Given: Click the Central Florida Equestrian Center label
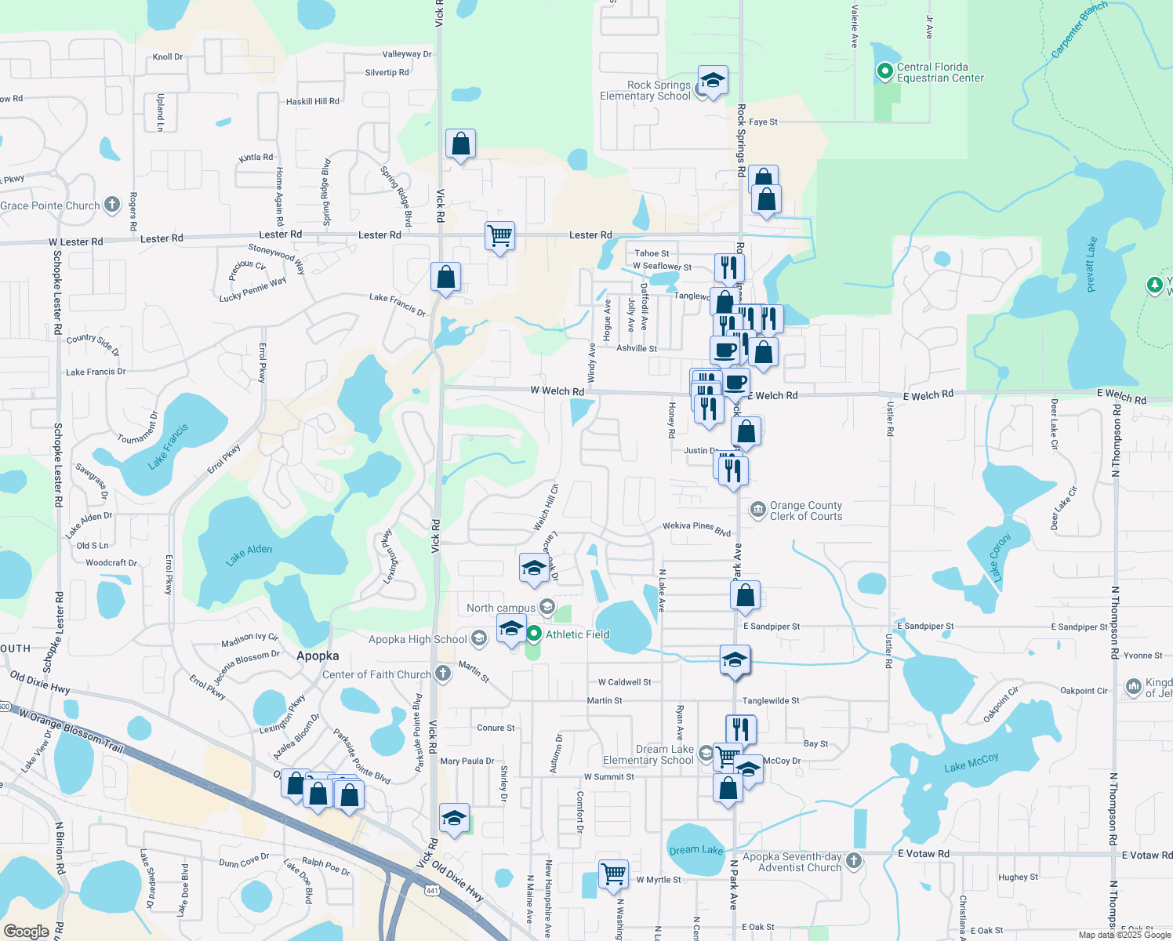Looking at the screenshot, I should (x=939, y=73).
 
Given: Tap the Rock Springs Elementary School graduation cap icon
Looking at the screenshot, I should (x=712, y=82).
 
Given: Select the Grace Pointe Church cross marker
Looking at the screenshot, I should (x=112, y=205).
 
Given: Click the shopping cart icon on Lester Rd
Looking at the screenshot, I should (x=499, y=236).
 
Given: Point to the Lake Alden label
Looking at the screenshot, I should (x=249, y=554).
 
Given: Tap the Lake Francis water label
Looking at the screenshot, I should (x=169, y=447).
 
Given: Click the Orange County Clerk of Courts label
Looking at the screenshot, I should (x=805, y=511).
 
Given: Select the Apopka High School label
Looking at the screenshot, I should (x=418, y=639).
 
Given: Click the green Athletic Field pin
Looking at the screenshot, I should (x=534, y=634).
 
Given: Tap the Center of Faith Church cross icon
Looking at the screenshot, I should (x=443, y=674).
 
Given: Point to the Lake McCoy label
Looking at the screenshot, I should (x=971, y=762).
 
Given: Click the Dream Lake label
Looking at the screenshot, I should (x=696, y=850).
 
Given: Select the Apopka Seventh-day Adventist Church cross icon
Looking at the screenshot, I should (x=854, y=861).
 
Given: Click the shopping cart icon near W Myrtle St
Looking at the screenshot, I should (x=613, y=874).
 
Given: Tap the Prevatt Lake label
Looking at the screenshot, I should (x=1091, y=265).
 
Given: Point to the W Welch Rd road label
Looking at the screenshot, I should (x=557, y=391).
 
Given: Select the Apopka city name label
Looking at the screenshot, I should (x=318, y=656).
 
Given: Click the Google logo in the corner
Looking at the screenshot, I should (x=26, y=932).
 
